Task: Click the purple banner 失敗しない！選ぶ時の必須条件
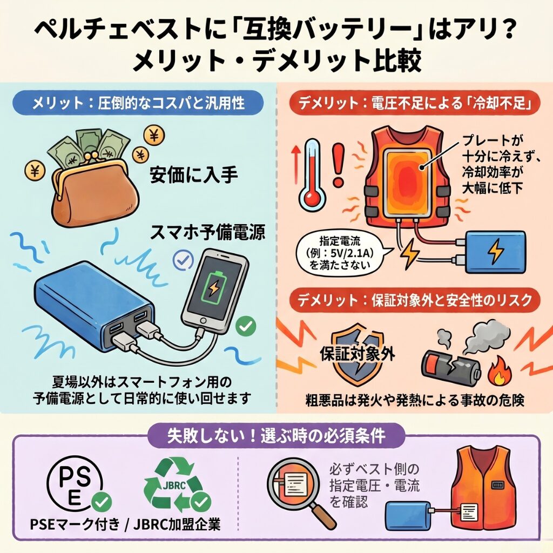click(x=276, y=436)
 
